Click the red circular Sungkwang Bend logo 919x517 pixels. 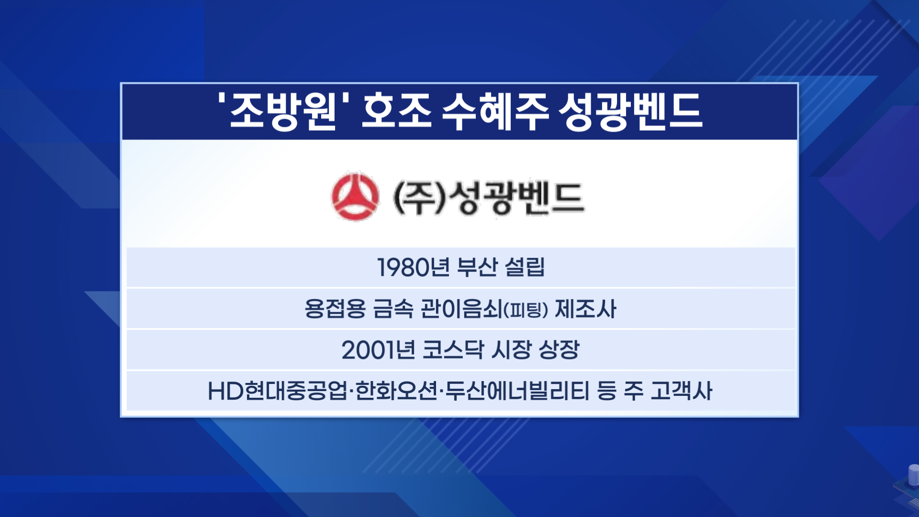point(355,196)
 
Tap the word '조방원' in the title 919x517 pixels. point(283,112)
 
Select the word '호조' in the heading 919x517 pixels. point(396,112)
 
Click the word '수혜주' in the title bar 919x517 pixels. point(494,112)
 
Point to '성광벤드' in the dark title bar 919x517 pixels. point(630,112)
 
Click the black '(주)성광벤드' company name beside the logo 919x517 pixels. point(489,197)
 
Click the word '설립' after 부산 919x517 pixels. point(525,267)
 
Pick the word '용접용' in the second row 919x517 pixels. point(335,309)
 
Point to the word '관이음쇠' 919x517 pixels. point(461,309)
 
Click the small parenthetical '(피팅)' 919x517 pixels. point(526,310)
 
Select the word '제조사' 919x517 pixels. point(585,309)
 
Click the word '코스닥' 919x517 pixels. point(453,350)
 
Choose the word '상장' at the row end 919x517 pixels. point(559,350)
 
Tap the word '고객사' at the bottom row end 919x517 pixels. point(682,391)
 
